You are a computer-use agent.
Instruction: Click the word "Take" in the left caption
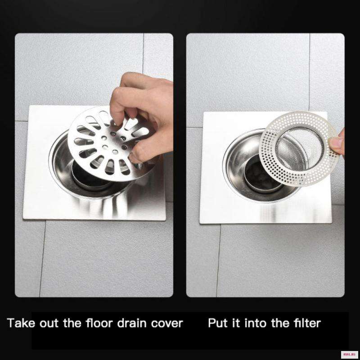(21, 323)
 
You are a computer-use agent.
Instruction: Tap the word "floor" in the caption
(99, 323)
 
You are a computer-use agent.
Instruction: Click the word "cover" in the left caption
(167, 324)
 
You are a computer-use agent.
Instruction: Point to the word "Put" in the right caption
(218, 323)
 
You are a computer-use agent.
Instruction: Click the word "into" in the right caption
(256, 323)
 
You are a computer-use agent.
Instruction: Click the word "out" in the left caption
(49, 324)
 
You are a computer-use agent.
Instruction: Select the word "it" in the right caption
(236, 323)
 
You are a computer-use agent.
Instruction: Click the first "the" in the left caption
(72, 323)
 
